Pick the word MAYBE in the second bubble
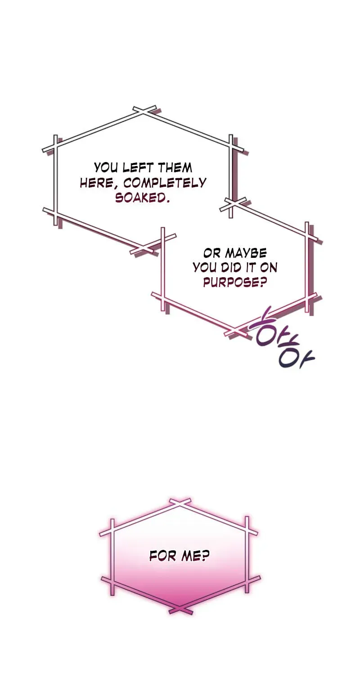coord(246,253)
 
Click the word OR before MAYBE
coord(212,253)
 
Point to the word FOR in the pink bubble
coord(163,556)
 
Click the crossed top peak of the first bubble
coord(144,111)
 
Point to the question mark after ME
coord(205,556)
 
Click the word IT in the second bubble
coord(250,268)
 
